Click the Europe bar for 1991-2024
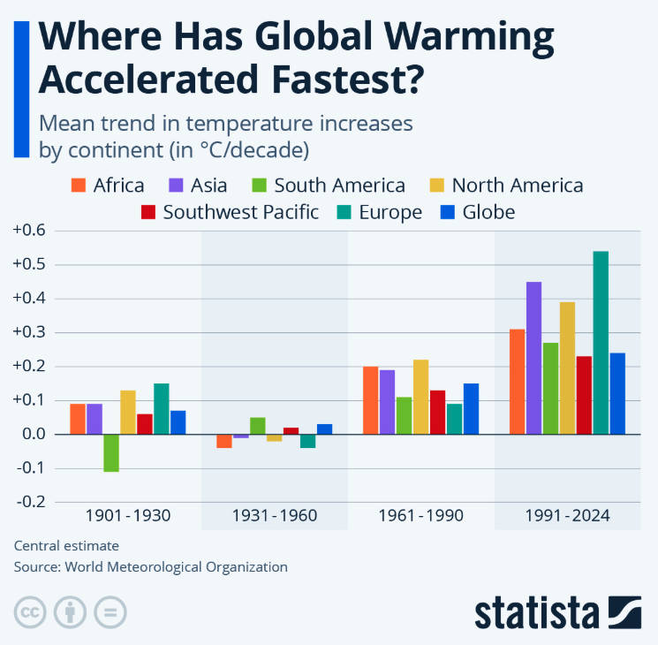coord(601,343)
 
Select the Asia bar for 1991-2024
coord(533,358)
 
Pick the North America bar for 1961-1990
coord(420,397)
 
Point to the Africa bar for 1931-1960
coord(224,441)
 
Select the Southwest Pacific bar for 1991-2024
coord(584,395)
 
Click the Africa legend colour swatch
coord(79,186)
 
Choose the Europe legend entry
coord(390,212)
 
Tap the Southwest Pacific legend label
coord(240,212)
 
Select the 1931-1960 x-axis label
coord(275,515)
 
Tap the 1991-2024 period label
coord(568,515)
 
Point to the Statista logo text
coord(539,613)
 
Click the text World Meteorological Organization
coord(177,566)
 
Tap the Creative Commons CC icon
coord(30,612)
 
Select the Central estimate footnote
coord(66,545)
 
